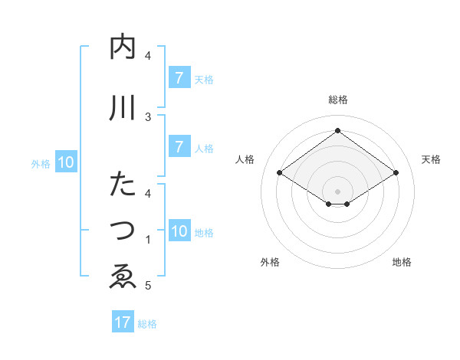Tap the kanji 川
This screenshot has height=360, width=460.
pos(123,108)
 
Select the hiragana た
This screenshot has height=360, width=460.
pos(123,184)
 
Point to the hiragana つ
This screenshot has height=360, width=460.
pos(123,231)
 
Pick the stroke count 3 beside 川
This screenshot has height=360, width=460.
pos(149,116)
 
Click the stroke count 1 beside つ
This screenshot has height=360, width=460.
pos(149,240)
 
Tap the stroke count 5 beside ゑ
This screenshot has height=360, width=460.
pos(149,286)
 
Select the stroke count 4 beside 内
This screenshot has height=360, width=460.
pos(149,56)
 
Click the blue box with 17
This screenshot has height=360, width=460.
pos(123,322)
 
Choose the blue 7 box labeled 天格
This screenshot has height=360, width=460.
pos(179,78)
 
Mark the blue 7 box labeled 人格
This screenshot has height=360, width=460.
pos(179,147)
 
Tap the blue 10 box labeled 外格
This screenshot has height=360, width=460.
pos(66,162)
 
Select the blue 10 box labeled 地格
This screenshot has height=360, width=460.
pos(179,231)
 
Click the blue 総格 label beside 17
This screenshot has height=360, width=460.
pos(147,323)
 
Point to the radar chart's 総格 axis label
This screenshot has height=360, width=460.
pos(337,100)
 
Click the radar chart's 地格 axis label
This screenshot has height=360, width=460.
pos(402,262)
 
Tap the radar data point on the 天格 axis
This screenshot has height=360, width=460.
pos(396,173)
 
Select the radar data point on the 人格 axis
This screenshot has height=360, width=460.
pos(279,173)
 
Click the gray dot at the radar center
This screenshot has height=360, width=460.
pos(337,191)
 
